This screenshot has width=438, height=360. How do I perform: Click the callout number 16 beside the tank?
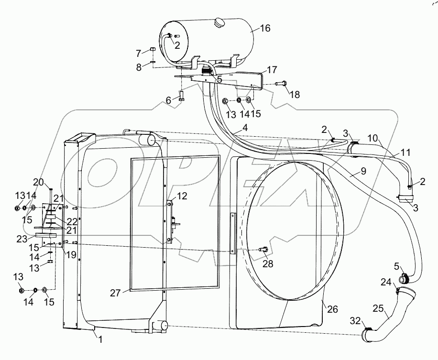(265, 29)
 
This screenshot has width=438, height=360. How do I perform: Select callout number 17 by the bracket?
(272, 70)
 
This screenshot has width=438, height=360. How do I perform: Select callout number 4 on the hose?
(244, 128)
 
